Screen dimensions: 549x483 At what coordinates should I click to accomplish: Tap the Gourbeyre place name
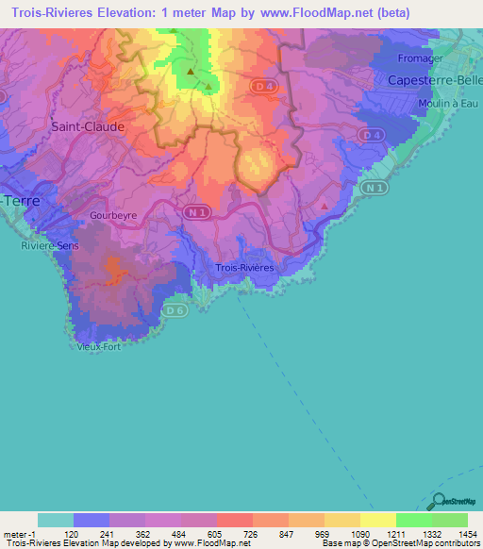point(113,215)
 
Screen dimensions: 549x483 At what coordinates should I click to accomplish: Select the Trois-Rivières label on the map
point(245,268)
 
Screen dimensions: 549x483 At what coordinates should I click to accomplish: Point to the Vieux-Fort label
point(99,346)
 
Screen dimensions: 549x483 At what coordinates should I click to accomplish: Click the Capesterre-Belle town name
point(435,80)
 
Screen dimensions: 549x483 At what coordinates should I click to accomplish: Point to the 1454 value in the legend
point(467,533)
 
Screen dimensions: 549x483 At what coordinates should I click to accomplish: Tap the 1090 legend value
point(359,533)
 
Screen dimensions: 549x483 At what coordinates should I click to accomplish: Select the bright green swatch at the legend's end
point(449,520)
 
